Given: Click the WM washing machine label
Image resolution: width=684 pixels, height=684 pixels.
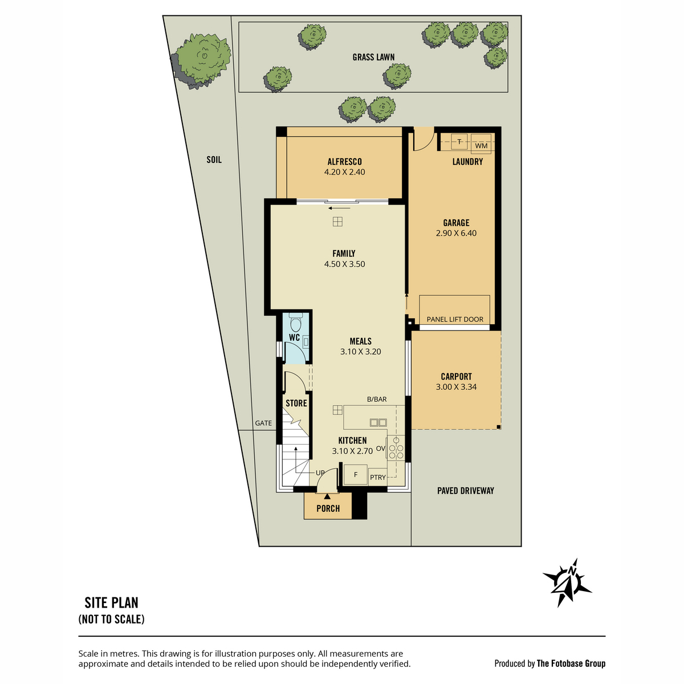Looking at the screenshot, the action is (x=481, y=146).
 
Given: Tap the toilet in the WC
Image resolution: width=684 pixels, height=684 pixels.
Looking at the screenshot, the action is (x=295, y=321).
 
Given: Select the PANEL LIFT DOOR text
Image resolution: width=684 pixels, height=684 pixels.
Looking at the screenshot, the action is (x=455, y=319).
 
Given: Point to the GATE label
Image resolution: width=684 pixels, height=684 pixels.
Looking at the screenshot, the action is (x=263, y=423).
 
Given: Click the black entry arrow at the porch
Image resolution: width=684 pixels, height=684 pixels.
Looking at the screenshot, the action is (x=327, y=496).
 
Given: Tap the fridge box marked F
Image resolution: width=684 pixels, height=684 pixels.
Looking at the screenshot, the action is (x=356, y=475).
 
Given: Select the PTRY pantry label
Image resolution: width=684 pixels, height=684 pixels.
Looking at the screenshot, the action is (x=378, y=478).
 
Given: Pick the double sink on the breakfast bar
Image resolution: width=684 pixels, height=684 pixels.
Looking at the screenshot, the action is (x=378, y=422).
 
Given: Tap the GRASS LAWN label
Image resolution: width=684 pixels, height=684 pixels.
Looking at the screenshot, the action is (x=373, y=57).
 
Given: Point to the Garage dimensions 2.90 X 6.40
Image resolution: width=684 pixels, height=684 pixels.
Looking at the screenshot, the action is (x=456, y=233).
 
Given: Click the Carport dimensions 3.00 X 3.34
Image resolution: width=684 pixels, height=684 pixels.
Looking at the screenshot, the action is (x=456, y=387).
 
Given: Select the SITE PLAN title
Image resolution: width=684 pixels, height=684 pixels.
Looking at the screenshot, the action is (x=112, y=602).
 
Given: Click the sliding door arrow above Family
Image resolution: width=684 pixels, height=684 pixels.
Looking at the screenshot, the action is (x=339, y=208).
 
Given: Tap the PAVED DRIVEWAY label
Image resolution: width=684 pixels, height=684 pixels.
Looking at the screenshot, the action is (x=465, y=491).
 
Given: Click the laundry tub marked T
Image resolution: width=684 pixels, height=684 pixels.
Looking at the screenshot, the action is (x=459, y=141).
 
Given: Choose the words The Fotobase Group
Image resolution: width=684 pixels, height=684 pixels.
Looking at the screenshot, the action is (x=571, y=663).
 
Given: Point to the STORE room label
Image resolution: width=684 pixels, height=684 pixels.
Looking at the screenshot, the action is (x=296, y=403).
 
